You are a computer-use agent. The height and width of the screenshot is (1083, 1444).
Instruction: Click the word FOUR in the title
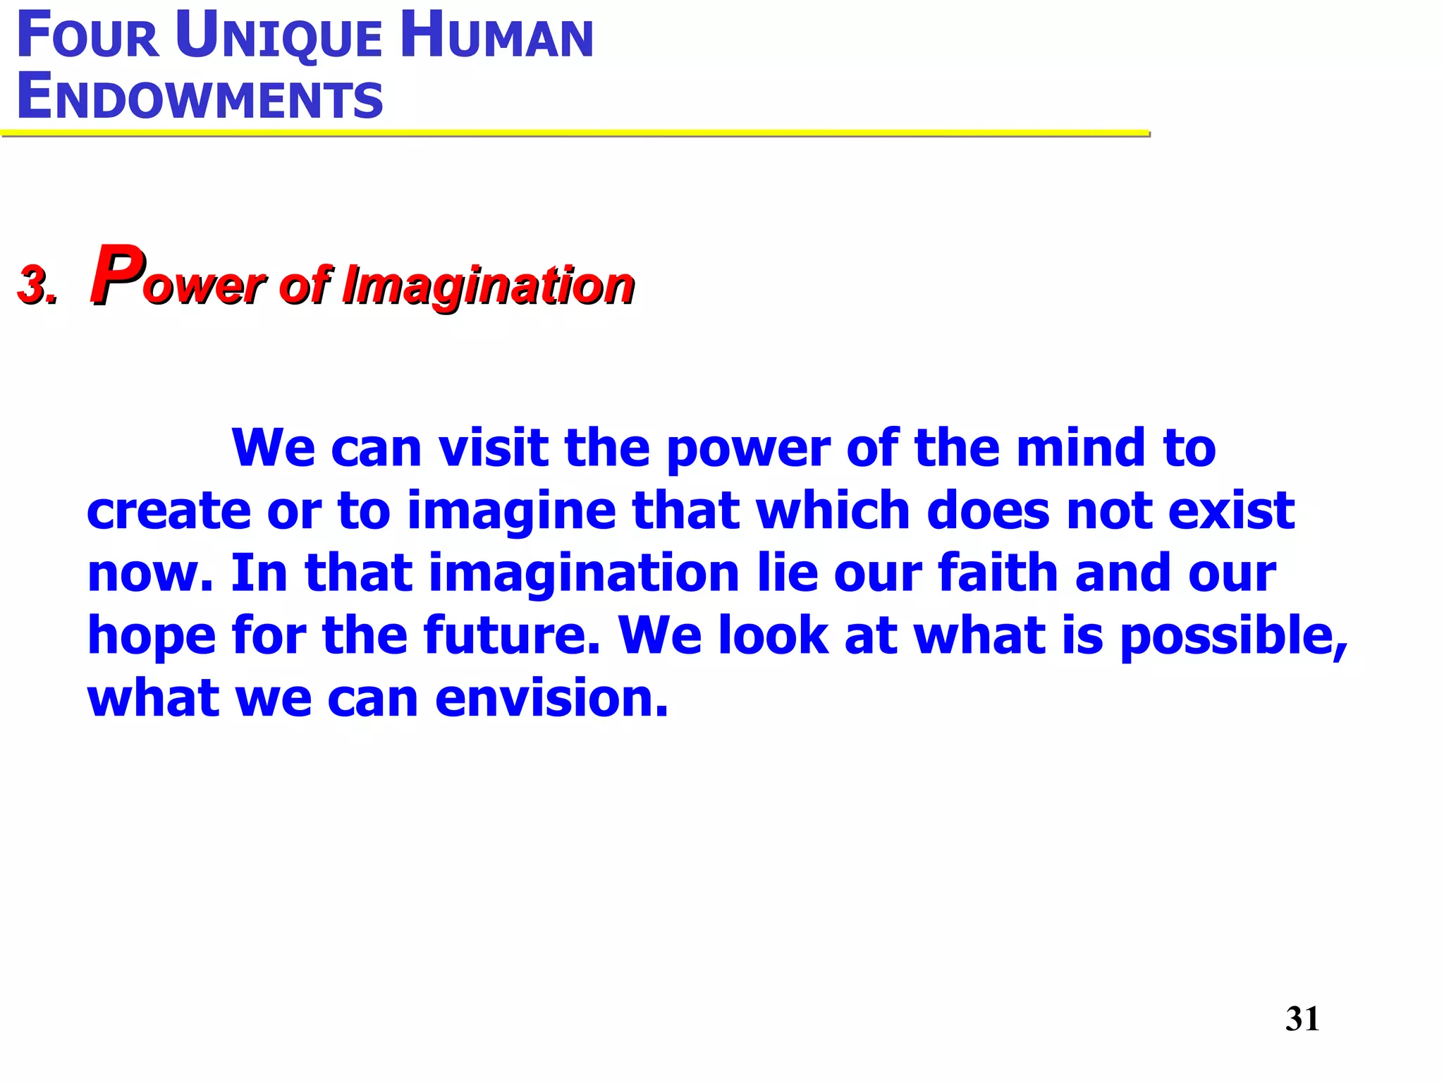pyautogui.click(x=88, y=37)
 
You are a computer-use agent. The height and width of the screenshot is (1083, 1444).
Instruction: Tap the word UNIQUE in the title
pyautogui.click(x=279, y=37)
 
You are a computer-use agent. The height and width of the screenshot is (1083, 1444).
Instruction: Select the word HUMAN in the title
pyautogui.click(x=496, y=37)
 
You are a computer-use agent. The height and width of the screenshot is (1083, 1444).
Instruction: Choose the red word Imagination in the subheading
pyautogui.click(x=488, y=286)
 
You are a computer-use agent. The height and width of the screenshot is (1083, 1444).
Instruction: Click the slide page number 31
pyautogui.click(x=1302, y=1019)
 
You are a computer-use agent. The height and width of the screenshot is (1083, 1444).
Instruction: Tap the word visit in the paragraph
pyautogui.click(x=494, y=448)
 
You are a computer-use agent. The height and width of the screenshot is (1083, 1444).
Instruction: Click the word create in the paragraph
pyautogui.click(x=169, y=510)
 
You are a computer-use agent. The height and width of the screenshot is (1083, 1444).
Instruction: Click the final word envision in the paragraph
pyautogui.click(x=551, y=697)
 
